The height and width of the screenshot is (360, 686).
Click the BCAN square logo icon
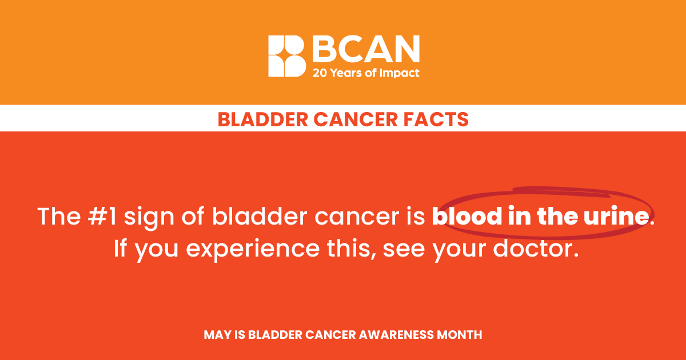[287, 56]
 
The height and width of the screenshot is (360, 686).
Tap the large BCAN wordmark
[366, 49]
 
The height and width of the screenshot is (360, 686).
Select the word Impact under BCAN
[400, 74]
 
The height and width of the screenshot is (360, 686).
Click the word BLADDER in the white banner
[263, 119]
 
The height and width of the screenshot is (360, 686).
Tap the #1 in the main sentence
[102, 217]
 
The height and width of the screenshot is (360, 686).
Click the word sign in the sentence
[149, 218]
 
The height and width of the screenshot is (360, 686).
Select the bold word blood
[467, 216]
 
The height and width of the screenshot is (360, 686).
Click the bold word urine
[616, 217]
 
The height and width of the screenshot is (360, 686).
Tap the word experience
[253, 250]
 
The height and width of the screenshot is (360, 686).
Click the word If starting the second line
[120, 247]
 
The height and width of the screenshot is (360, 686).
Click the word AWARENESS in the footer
[396, 335]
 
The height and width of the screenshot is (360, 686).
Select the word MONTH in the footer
[460, 335]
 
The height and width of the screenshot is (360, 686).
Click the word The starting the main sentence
[59, 217]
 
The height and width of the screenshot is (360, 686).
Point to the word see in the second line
[404, 250]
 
